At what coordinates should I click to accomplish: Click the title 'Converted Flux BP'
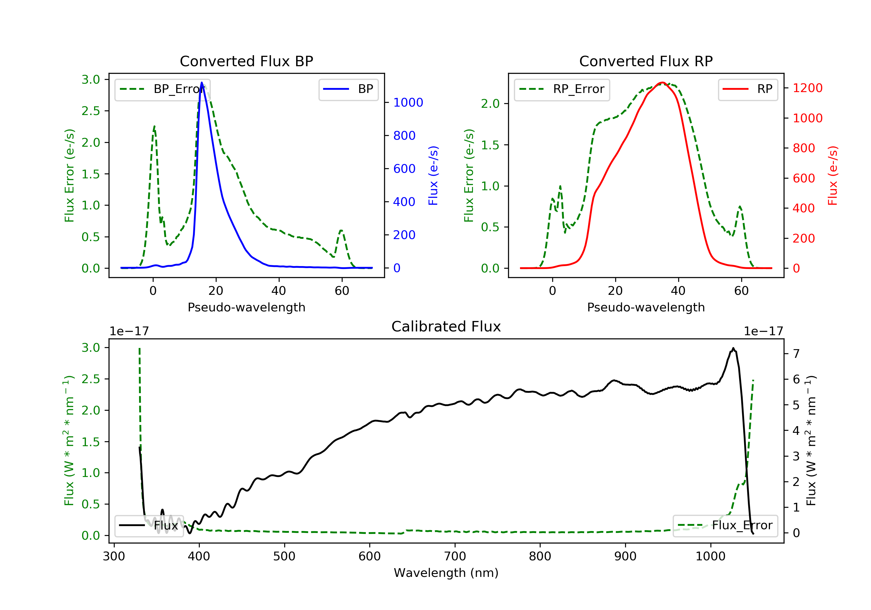click(x=246, y=61)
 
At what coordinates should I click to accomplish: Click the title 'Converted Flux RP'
click(x=646, y=61)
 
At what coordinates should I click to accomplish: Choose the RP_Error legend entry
click(x=562, y=89)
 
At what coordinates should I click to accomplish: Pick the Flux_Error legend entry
click(x=725, y=525)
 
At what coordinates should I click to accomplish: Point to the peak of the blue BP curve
click(x=202, y=83)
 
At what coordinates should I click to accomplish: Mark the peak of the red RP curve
click(x=662, y=82)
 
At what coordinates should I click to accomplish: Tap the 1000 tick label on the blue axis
click(x=408, y=103)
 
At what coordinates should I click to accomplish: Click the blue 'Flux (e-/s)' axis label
click(x=433, y=175)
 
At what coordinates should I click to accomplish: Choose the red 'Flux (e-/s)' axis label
click(x=832, y=175)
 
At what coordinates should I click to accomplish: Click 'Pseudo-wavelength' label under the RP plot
click(x=646, y=307)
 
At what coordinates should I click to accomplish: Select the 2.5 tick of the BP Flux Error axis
click(x=90, y=111)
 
